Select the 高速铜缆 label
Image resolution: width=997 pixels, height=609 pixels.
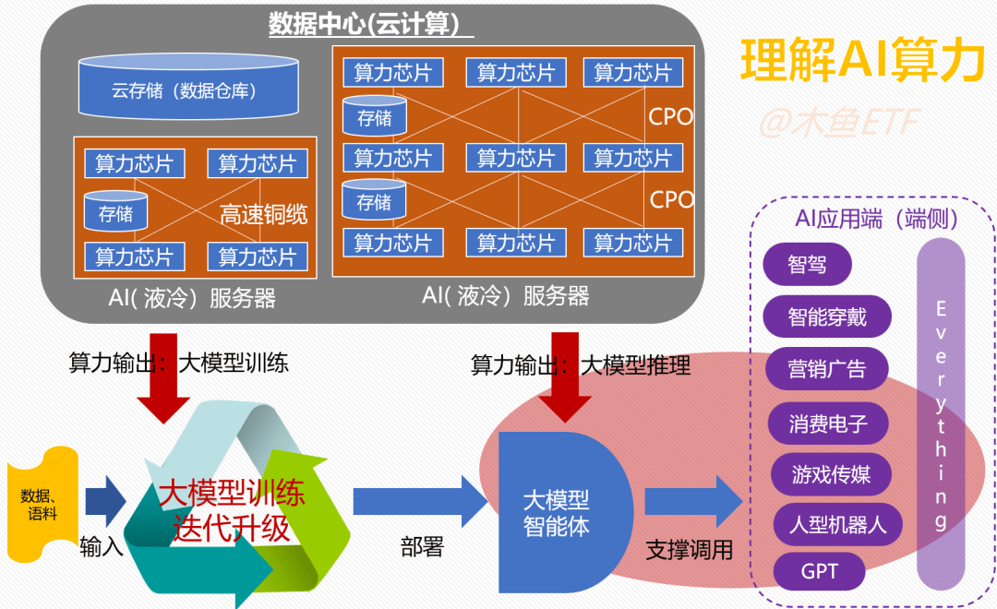coord(263,215)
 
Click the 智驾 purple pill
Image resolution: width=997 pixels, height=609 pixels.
coord(807,265)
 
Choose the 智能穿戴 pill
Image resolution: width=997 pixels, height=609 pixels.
coord(827,318)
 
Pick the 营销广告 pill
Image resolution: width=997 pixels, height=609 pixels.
coord(827,370)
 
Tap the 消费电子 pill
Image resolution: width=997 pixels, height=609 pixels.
coord(828,424)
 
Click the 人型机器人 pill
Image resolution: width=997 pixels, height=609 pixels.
coord(837,525)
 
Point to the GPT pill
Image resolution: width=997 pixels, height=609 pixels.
coord(819,571)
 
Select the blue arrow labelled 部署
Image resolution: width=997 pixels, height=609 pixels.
coord(420,502)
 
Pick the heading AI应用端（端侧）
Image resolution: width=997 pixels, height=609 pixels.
coord(876,219)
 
